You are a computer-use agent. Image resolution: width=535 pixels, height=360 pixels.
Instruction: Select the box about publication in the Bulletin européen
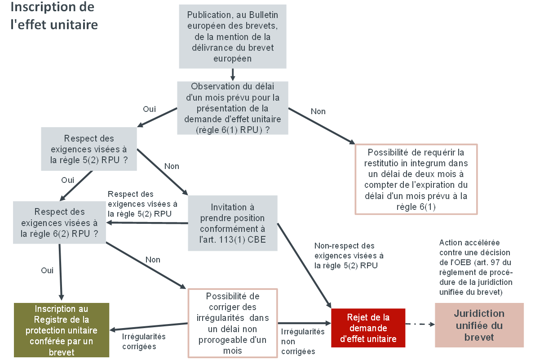click(232, 36)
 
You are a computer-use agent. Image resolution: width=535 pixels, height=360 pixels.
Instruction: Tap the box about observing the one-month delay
click(232, 108)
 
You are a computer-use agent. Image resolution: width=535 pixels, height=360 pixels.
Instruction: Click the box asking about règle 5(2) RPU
click(89, 149)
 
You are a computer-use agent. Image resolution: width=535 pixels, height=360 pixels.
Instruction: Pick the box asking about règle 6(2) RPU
click(59, 222)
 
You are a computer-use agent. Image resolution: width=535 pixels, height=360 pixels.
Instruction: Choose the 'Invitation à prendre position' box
click(232, 223)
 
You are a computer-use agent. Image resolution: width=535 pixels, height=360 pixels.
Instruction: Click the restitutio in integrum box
click(416, 179)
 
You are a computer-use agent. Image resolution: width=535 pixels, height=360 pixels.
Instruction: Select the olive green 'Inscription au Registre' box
click(62, 330)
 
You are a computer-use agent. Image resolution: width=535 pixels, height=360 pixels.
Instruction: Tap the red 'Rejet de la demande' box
click(368, 328)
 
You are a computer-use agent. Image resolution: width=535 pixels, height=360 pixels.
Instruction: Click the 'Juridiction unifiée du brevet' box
click(479, 325)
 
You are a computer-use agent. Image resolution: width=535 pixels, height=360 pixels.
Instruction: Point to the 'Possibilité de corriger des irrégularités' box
click(232, 323)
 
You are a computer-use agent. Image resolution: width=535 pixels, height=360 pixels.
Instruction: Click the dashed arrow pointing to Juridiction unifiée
click(420, 324)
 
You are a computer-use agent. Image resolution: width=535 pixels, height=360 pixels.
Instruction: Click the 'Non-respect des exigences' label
click(349, 256)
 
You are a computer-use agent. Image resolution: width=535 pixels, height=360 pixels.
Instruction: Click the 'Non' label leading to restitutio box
click(318, 111)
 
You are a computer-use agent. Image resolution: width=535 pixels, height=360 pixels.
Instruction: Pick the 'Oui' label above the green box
click(47, 271)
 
